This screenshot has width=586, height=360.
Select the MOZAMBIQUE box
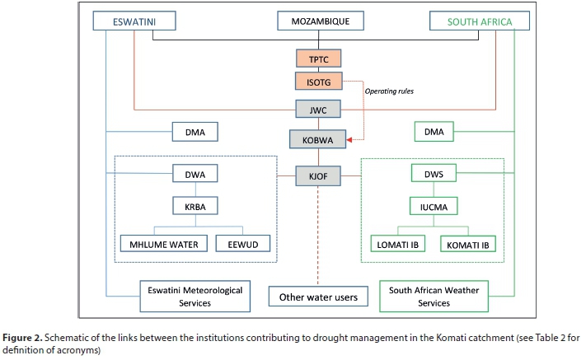click(318, 21)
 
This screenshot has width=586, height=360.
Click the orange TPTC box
click(318, 58)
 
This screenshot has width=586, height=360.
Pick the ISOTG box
click(318, 81)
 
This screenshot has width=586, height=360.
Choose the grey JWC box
click(318, 109)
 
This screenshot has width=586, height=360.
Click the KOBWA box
click(318, 141)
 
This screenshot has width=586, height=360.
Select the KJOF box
click(318, 175)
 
